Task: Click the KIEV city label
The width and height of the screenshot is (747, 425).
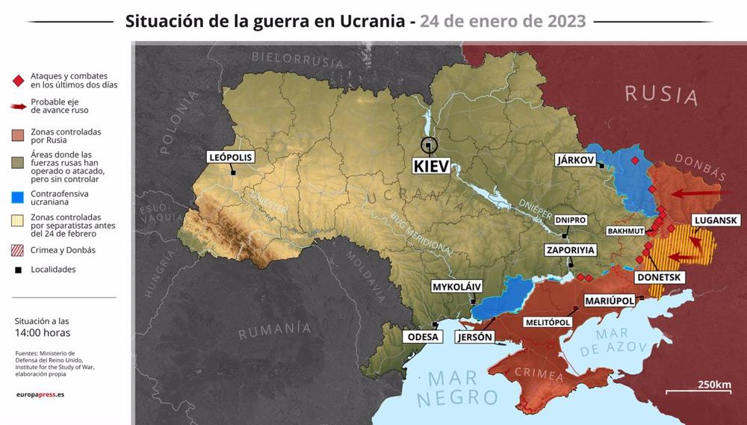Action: [x=432, y=166]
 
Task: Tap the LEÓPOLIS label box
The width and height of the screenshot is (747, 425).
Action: [x=231, y=157]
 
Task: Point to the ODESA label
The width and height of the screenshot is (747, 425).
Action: [x=423, y=337]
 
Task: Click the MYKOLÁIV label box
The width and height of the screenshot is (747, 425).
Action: [x=457, y=286]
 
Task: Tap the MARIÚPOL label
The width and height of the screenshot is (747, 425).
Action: [x=609, y=300]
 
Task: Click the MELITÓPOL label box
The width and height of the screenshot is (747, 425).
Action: [x=548, y=322]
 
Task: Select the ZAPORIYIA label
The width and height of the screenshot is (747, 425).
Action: [x=571, y=250]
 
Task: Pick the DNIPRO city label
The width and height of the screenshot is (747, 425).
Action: [x=570, y=220]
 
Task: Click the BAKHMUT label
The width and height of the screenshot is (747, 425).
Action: [x=625, y=231]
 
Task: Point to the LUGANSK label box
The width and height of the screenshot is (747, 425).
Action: [x=716, y=220]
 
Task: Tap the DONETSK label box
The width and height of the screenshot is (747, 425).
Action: [x=658, y=277]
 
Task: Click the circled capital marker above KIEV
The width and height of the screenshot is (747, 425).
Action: [x=428, y=145]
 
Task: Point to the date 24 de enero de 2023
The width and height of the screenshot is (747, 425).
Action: [x=503, y=20]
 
